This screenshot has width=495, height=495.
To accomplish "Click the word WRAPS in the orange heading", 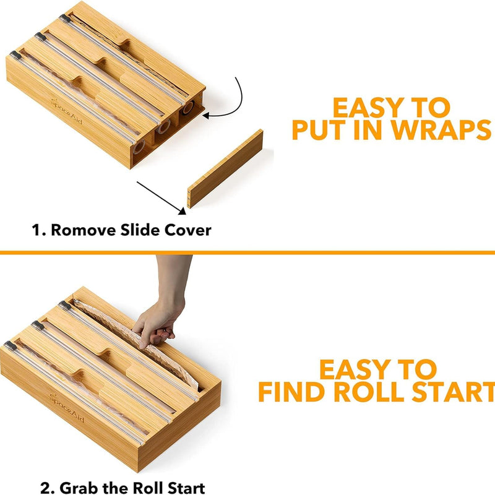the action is tap(441, 130).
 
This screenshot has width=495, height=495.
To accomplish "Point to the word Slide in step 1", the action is tap(140, 230).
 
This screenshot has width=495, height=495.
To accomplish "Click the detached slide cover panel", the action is tap(225, 168).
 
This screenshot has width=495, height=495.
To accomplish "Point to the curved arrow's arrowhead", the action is tap(206, 116).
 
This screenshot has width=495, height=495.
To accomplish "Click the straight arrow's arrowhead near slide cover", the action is tap(183, 211).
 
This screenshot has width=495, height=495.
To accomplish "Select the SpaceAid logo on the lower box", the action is tap(67, 408).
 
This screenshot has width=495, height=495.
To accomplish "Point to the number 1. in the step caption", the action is tap(39, 230).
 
